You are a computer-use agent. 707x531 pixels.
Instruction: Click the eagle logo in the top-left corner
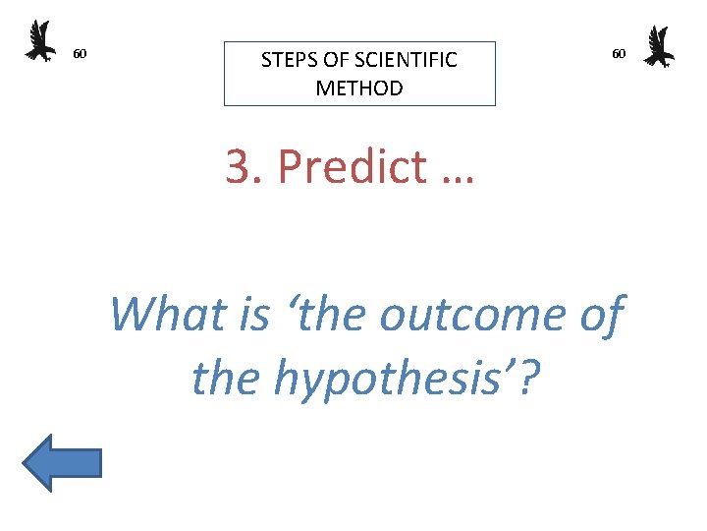[40, 41]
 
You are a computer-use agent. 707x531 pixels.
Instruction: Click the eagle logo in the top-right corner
[658, 46]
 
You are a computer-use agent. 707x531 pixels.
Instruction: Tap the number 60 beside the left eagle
[81, 53]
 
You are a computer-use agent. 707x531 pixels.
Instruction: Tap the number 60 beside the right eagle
[619, 53]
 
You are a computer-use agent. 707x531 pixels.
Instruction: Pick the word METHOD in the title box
[359, 88]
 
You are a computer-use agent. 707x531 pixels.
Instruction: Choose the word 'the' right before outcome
[329, 315]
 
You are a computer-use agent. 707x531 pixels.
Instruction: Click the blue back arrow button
[62, 461]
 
